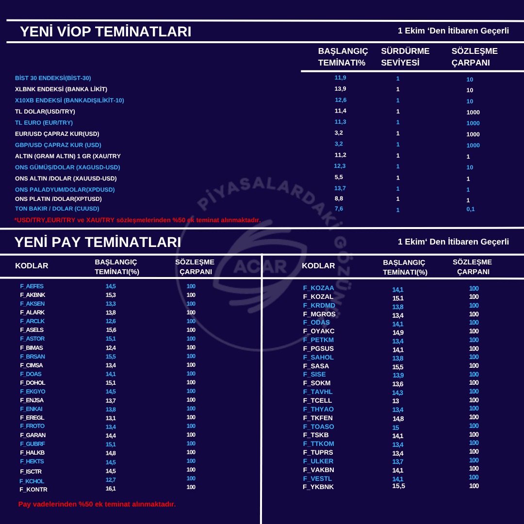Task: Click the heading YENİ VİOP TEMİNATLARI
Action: click(105, 32)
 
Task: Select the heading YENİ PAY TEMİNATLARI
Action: click(98, 242)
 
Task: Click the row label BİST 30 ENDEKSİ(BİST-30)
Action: click(53, 78)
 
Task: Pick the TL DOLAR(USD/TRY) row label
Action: click(45, 112)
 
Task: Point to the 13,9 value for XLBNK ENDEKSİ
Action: click(340, 89)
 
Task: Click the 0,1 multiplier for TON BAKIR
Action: click(470, 209)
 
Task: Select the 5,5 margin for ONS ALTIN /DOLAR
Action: click(339, 177)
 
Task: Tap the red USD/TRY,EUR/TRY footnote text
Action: click(137, 220)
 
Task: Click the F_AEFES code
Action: click(32, 286)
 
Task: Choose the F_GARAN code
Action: click(33, 435)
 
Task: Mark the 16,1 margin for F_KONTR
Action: click(111, 489)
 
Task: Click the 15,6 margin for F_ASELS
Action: click(111, 330)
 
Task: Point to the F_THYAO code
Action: click(318, 409)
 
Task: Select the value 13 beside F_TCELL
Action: click(395, 401)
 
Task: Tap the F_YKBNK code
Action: click(318, 487)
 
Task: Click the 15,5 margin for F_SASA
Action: click(398, 367)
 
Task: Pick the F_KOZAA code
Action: click(318, 288)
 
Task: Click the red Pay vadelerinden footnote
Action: click(97, 504)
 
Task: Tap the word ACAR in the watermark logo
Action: click(260, 266)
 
